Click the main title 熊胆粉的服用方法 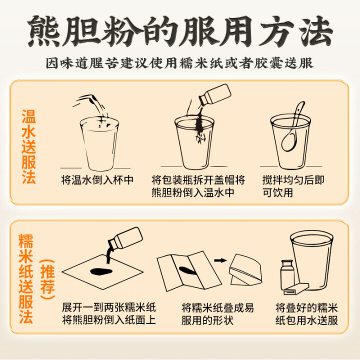coord(180,31)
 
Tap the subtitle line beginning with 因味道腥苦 coord(179,62)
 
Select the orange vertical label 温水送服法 coord(28,146)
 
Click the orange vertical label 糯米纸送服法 coord(25,278)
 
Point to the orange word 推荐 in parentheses coord(47,279)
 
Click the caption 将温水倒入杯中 coord(97,180)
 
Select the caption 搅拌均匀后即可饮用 coord(293,186)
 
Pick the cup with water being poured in coord(99,143)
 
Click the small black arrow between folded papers coord(220,260)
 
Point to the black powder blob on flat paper coord(101,271)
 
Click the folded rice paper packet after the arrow coord(245,270)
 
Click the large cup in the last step coord(311,260)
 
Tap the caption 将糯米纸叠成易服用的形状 coord(217,314)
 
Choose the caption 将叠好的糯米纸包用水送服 coord(306,314)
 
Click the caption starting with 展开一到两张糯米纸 coord(109,314)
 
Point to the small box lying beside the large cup coord(296,289)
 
